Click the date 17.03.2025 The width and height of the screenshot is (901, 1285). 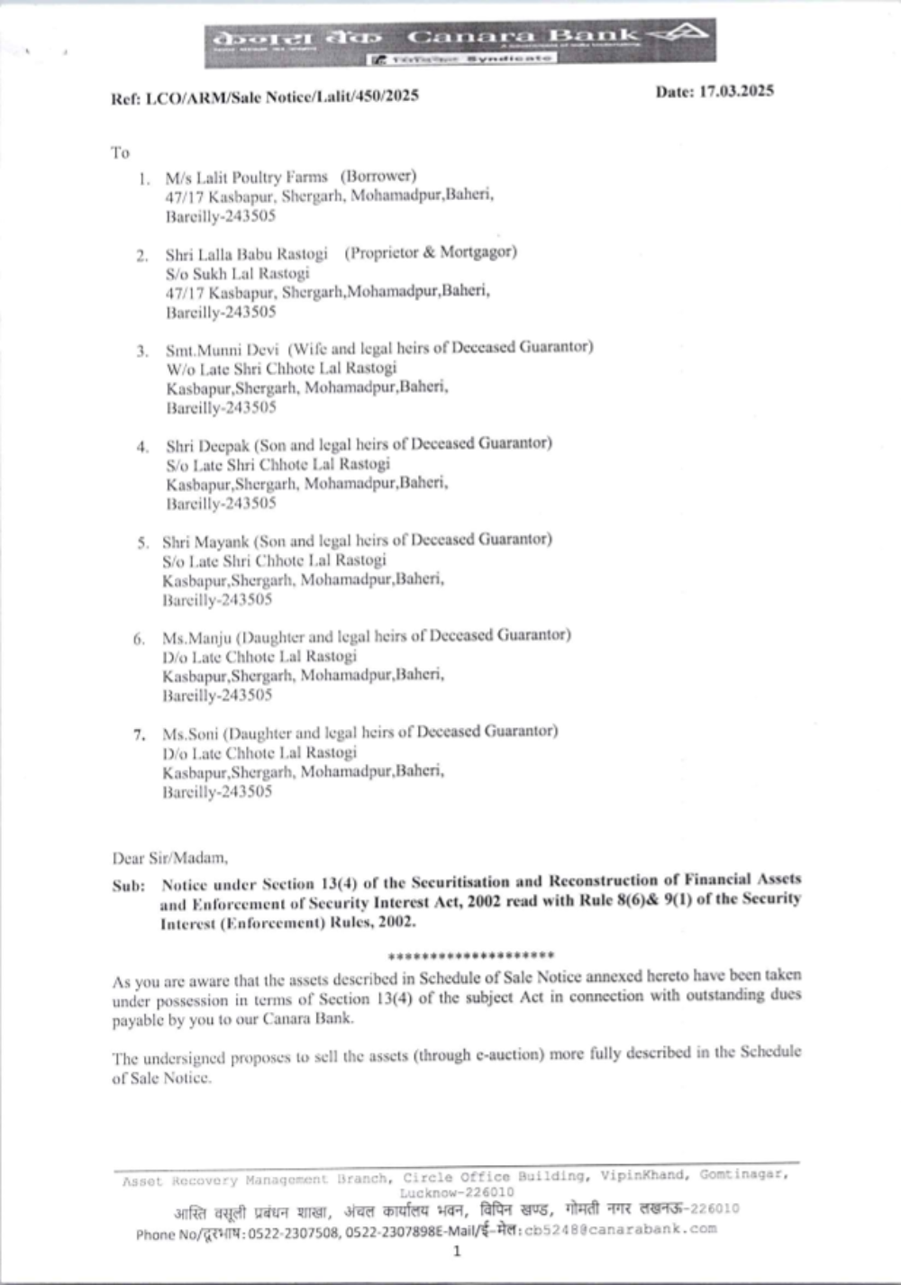pyautogui.click(x=714, y=91)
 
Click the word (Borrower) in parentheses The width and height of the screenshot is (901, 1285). pyautogui.click(x=378, y=176)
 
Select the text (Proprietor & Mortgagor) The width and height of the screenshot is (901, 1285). pyautogui.click(x=431, y=252)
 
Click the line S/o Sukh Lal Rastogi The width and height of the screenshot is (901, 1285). pyautogui.click(x=237, y=273)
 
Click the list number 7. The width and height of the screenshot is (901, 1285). pyautogui.click(x=139, y=734)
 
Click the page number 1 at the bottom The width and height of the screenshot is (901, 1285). pyautogui.click(x=457, y=1251)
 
